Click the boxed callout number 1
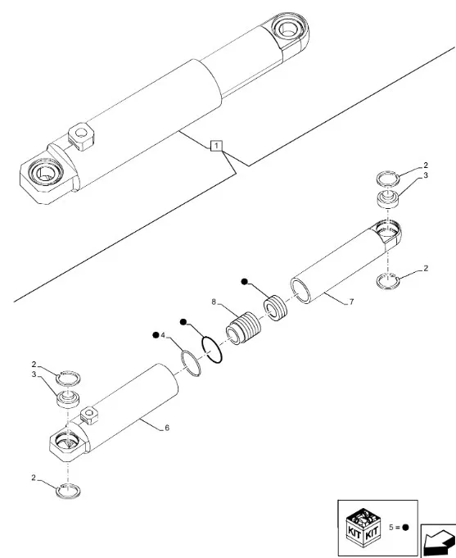coord(215,146)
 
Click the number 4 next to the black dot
coord(163,335)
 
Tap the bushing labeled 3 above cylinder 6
coord(65,402)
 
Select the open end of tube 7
coord(301,292)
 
